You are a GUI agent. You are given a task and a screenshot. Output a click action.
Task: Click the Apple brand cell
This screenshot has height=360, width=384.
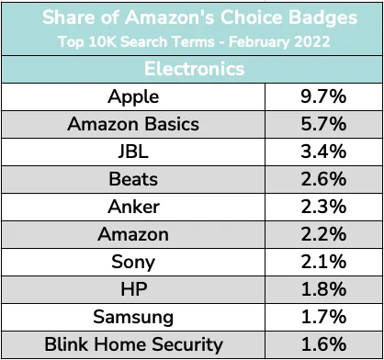[x=133, y=97]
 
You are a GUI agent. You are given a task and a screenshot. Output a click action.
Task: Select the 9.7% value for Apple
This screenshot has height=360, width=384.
[x=323, y=96]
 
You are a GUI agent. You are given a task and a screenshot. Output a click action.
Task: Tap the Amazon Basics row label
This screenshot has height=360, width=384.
[x=133, y=124]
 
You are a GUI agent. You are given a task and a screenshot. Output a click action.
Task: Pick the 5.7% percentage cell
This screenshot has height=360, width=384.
[x=323, y=124]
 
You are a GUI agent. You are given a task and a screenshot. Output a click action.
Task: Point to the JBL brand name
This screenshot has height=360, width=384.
[x=133, y=152]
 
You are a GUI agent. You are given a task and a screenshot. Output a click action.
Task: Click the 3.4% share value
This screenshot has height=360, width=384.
[x=323, y=152]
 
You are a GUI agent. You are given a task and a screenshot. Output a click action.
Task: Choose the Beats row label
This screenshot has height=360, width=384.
[x=133, y=179]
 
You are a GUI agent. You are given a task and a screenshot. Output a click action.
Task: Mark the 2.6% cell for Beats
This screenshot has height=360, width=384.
[x=323, y=179]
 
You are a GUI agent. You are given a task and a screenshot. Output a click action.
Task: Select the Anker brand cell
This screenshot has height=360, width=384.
[x=133, y=207]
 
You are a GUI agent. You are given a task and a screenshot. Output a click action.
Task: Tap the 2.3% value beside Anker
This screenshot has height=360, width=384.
[x=323, y=207]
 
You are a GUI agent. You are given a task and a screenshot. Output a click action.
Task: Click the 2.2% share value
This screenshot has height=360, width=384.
[x=323, y=234]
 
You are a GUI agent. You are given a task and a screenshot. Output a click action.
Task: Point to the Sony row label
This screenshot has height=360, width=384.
[x=133, y=263]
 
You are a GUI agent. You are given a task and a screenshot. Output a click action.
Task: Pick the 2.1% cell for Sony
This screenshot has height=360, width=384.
[x=323, y=262]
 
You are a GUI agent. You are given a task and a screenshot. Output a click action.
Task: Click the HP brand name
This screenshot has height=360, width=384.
[x=134, y=289]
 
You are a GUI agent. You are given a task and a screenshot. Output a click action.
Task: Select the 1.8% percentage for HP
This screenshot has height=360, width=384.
[x=323, y=289]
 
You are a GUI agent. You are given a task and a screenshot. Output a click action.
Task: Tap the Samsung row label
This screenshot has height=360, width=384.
[x=133, y=318]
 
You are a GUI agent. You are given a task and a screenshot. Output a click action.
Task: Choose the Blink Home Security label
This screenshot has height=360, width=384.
[x=133, y=344]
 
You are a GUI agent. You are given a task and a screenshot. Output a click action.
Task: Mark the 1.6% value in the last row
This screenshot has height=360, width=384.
[x=323, y=344]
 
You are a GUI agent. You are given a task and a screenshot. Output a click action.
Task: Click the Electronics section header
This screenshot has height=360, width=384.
[x=194, y=69]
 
